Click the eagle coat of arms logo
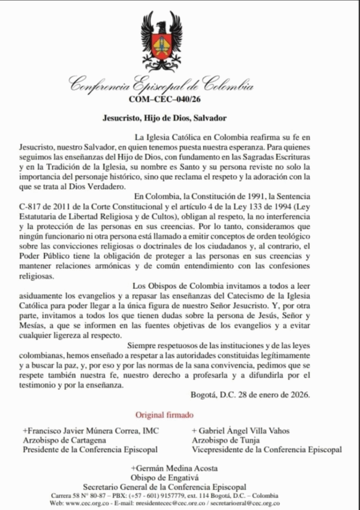(x=161, y=41)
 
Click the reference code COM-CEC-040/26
(x=161, y=99)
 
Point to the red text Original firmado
(x=164, y=414)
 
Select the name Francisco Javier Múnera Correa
(x=84, y=430)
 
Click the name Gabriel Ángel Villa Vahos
(x=240, y=430)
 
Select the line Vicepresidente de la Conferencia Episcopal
(x=267, y=449)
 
